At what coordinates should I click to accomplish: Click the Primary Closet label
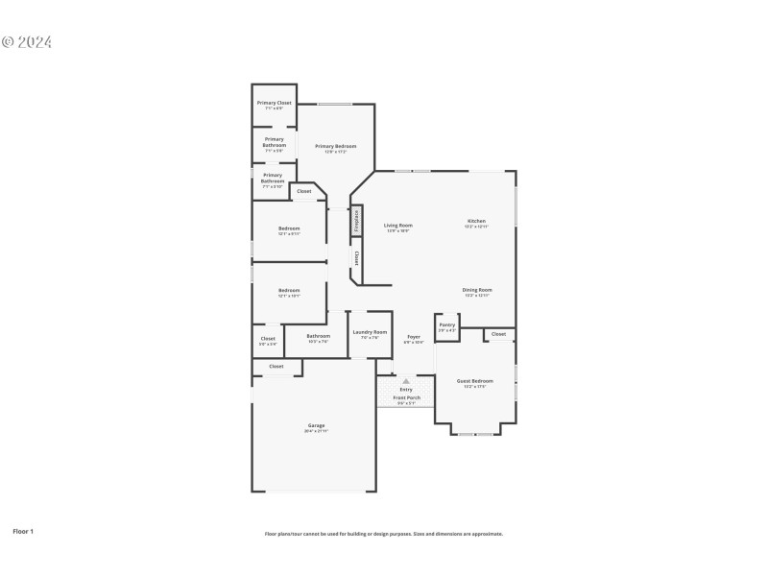[274, 103]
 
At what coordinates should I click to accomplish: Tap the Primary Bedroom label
[335, 146]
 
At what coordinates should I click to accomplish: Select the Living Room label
[398, 226]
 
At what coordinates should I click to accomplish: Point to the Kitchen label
[476, 222]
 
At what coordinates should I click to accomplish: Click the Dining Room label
[477, 290]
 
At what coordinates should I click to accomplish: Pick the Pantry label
[447, 324]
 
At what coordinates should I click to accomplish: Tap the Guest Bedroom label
[475, 381]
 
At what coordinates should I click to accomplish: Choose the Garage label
[316, 425]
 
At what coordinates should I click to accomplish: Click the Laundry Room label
[370, 332]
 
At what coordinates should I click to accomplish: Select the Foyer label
[414, 337]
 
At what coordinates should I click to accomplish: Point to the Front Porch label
[406, 397]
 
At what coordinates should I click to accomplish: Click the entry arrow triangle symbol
[406, 381]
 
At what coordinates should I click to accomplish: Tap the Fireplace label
[357, 220]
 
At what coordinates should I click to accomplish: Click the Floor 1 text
[23, 530]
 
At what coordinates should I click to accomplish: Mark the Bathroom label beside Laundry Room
[319, 336]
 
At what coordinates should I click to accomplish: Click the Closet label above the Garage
[276, 366]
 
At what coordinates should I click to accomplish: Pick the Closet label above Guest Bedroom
[499, 334]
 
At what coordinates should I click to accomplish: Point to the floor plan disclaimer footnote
[384, 534]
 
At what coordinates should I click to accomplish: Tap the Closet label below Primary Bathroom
[303, 191]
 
